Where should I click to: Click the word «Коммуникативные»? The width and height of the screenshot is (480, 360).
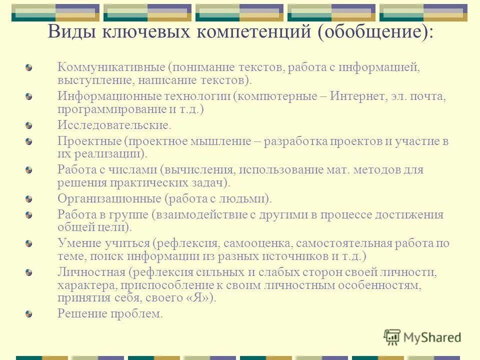click(x=110, y=67)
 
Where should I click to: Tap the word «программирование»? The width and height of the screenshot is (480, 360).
click(x=112, y=108)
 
